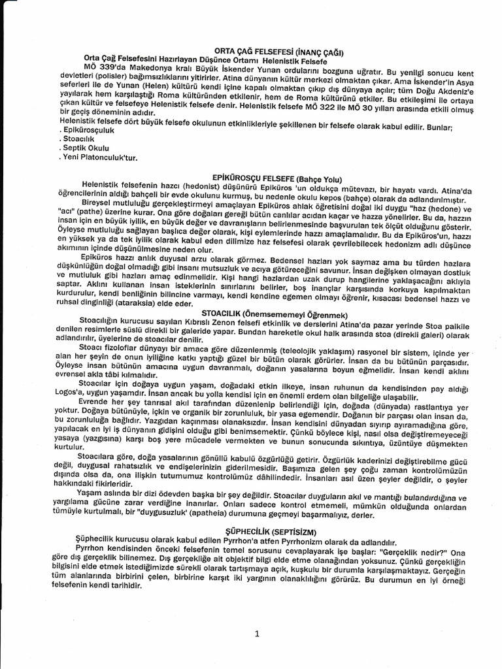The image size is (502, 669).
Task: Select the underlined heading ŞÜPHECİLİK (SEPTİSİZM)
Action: [271, 531]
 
